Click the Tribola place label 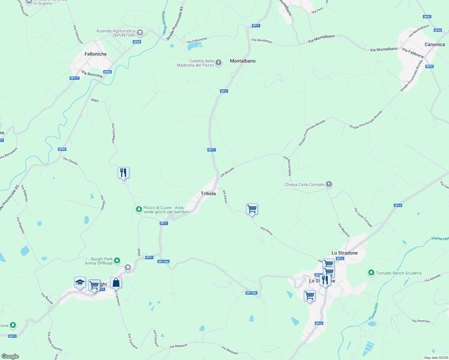click(x=208, y=193)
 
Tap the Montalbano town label click(x=243, y=61)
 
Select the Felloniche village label click(x=95, y=54)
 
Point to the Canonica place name click(x=434, y=44)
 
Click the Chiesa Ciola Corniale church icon click(x=329, y=184)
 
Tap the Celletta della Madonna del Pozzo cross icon click(x=218, y=63)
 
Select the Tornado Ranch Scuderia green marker click(x=371, y=273)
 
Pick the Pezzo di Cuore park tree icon click(x=139, y=209)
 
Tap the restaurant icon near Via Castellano click(x=123, y=173)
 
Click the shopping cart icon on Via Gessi click(x=252, y=209)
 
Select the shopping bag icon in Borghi click(x=116, y=283)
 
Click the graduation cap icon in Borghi click(x=80, y=283)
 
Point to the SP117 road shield click(x=74, y=78)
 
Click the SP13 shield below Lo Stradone click(x=319, y=323)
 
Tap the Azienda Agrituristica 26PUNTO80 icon click(x=140, y=32)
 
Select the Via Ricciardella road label click(x=288, y=166)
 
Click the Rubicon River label click(x=164, y=22)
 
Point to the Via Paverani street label click(x=421, y=321)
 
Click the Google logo click(x=10, y=356)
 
